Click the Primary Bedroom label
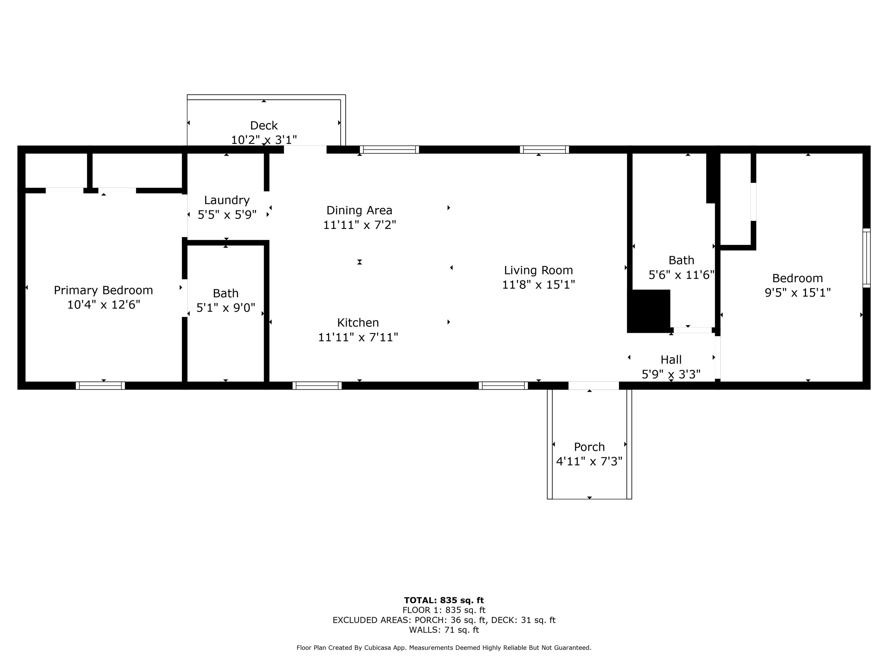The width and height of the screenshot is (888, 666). tap(103, 290)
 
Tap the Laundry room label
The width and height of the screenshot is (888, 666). tap(227, 200)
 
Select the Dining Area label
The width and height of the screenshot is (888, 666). tap(359, 210)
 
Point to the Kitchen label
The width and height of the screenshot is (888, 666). tap(358, 322)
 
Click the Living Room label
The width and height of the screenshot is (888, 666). tap(538, 270)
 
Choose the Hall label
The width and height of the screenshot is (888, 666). tap(671, 360)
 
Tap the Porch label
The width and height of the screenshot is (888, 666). tap(589, 447)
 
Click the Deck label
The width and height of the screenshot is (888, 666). tap(264, 126)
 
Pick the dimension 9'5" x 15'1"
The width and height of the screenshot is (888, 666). tap(798, 293)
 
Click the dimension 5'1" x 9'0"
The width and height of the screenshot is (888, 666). tap(225, 308)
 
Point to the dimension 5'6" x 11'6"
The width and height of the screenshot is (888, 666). tap(682, 275)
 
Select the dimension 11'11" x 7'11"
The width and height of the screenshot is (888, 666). tap(358, 337)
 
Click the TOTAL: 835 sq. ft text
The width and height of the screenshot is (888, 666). tap(444, 600)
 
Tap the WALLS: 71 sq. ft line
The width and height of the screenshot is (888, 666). tap(444, 630)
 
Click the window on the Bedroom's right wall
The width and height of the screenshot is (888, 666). tap(867, 258)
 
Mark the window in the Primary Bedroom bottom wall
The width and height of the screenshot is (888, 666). tap(100, 385)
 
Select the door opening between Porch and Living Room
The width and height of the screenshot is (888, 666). tap(593, 385)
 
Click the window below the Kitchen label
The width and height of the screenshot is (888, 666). tap(317, 385)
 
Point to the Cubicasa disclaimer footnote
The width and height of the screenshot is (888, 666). tap(444, 647)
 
